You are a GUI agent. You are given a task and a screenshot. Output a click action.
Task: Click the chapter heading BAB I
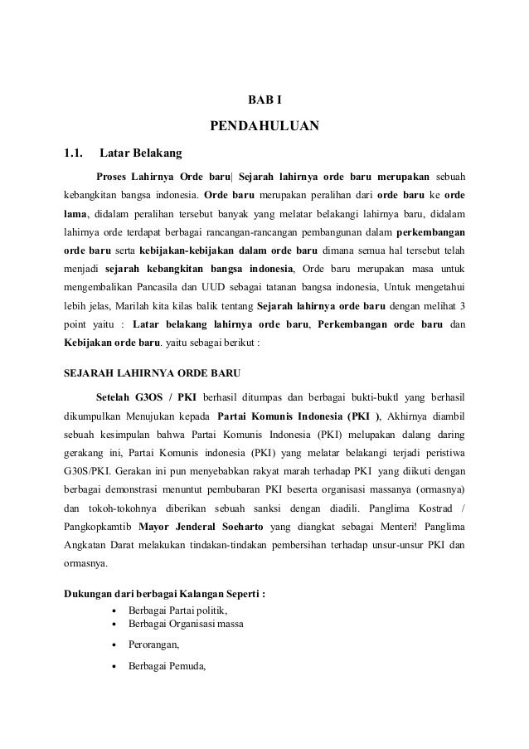265,100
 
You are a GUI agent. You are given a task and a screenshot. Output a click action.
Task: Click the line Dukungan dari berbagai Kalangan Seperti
165,593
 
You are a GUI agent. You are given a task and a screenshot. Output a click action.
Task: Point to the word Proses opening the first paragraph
115,177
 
